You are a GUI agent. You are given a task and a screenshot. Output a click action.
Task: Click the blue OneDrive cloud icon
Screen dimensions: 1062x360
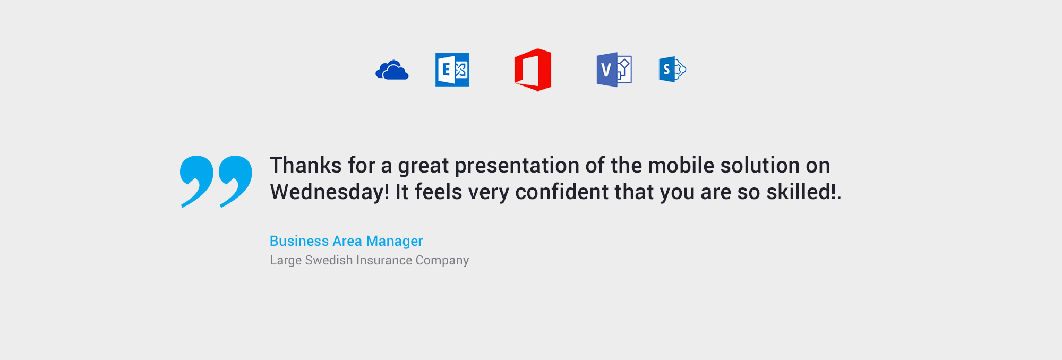tap(392, 70)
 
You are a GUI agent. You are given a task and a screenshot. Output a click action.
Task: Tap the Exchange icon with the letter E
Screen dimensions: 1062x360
tap(452, 70)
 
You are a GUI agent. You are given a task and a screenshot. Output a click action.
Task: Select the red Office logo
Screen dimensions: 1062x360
tap(533, 70)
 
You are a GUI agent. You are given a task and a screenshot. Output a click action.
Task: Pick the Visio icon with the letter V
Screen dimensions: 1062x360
tap(614, 70)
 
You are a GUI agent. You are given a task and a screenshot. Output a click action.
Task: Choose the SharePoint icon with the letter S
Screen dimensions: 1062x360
tap(672, 69)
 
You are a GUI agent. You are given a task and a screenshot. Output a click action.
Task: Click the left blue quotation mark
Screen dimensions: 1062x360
tap(196, 181)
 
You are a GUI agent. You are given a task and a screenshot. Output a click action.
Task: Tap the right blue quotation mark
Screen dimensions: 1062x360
tap(235, 181)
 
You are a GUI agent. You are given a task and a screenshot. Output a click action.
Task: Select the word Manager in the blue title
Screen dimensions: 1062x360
tap(395, 242)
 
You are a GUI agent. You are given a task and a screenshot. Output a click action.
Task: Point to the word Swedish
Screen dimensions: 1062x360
tap(329, 260)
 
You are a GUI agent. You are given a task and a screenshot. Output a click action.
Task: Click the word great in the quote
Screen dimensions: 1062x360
tap(424, 167)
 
